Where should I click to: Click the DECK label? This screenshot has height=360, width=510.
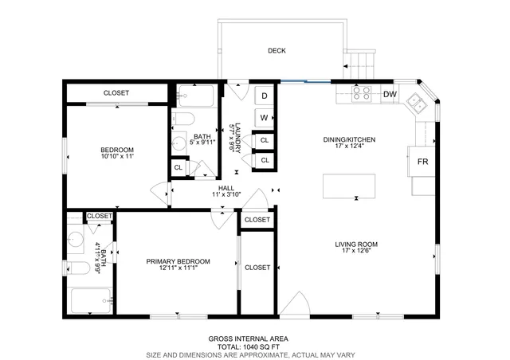[x=277, y=51]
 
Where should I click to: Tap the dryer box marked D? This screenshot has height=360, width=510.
[x=264, y=96]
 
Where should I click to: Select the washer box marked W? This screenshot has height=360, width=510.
[x=264, y=118]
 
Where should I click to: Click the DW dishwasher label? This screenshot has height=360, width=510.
[x=390, y=95]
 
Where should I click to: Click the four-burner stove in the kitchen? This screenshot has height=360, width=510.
[x=361, y=93]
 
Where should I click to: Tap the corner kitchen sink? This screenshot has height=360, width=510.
[x=417, y=103]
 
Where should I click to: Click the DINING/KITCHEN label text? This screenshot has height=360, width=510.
[x=349, y=139]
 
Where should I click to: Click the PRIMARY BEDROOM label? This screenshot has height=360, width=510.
[x=178, y=261]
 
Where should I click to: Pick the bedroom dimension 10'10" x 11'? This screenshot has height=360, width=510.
[x=116, y=157]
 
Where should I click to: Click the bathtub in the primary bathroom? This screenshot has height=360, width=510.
[x=92, y=302]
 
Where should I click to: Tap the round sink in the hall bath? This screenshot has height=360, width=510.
[x=179, y=145]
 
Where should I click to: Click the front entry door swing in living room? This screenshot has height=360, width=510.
[x=293, y=305]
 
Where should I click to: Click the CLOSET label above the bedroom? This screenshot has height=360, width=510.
[x=116, y=93]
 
